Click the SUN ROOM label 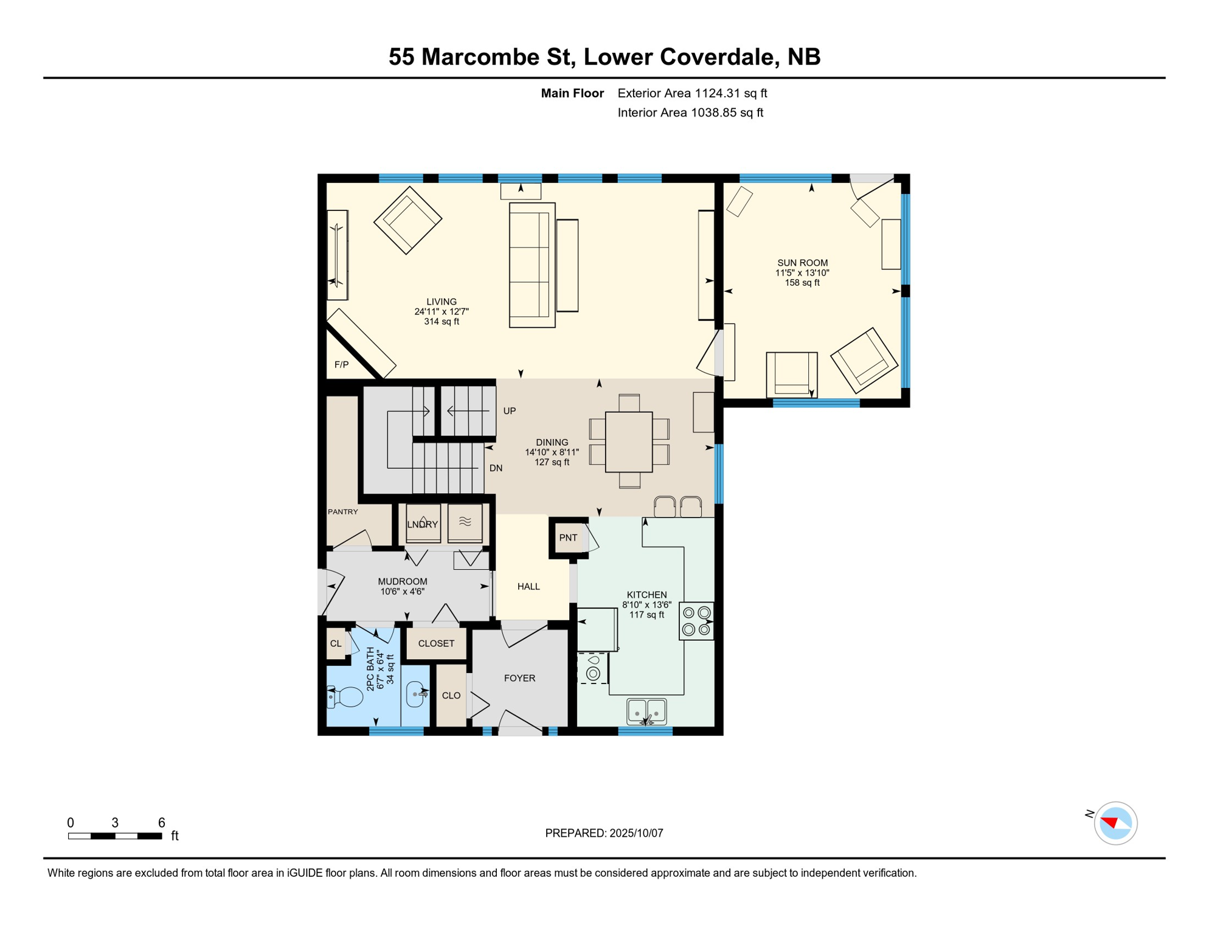[802, 263]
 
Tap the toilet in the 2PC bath [345, 697]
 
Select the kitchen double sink [646, 711]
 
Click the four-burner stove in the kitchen [696, 621]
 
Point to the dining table [629, 442]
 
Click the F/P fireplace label [341, 365]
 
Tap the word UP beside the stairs [510, 411]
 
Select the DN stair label [496, 468]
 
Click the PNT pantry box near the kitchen [568, 538]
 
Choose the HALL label [528, 587]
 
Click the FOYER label [519, 678]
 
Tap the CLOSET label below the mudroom [436, 643]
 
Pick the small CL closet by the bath [336, 643]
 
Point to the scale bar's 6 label [162, 823]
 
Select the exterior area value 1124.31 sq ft [731, 93]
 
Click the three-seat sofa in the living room [532, 265]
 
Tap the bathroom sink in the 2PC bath [416, 694]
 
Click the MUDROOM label [403, 581]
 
